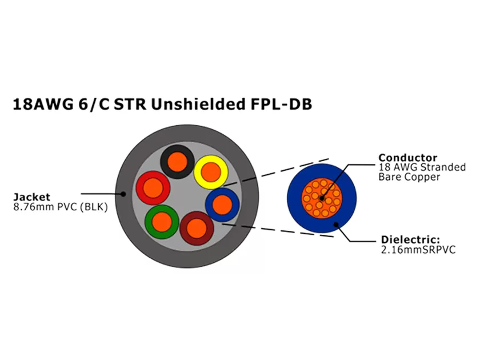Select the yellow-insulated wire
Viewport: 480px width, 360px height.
click(211, 171)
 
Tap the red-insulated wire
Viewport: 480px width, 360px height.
click(153, 187)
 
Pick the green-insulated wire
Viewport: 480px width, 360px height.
click(162, 221)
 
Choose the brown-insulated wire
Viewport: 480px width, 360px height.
click(197, 228)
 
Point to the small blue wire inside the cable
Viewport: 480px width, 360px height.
click(222, 204)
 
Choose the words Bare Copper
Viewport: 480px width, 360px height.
click(409, 177)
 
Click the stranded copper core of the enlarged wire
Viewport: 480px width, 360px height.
click(322, 198)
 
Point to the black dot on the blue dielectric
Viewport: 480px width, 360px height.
click(337, 225)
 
